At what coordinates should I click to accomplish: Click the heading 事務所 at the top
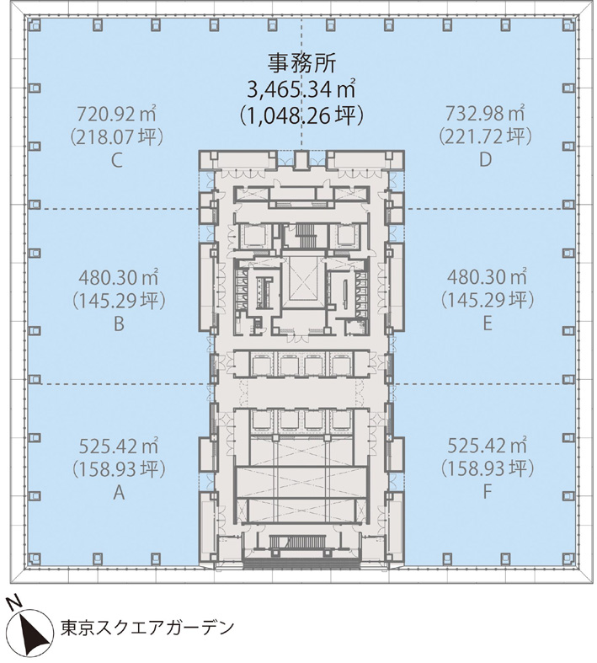pos(301,61)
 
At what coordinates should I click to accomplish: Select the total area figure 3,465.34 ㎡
pos(301,88)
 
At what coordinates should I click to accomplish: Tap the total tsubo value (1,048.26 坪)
pos(301,114)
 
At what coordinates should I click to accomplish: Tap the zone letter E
pos(485,323)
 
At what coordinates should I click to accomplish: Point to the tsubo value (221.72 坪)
pos(484,136)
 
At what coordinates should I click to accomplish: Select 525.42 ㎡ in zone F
pos(485,446)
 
